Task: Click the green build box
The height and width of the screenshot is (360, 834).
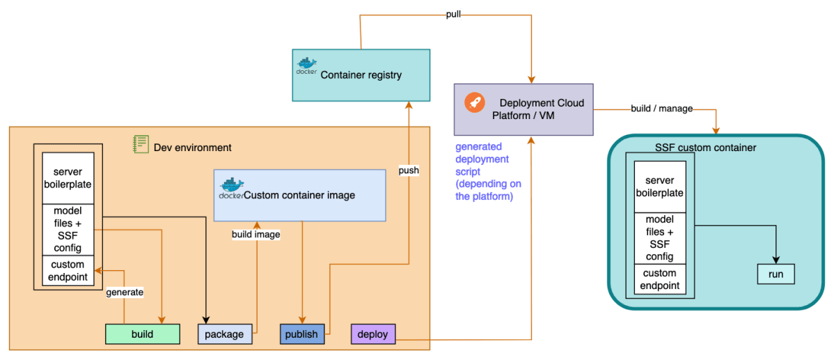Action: pos(142,334)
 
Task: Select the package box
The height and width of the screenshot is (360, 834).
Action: pos(225,334)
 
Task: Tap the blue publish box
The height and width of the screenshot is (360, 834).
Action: pos(301,334)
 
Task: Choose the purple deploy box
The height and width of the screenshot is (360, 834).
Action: pos(372,334)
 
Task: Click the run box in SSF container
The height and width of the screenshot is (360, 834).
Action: pos(776,274)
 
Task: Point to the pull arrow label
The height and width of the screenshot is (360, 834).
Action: pos(454,15)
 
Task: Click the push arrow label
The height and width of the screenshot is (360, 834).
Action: pos(409,170)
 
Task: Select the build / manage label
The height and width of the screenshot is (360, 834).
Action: pos(661,109)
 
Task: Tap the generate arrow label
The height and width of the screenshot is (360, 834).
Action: pos(125,292)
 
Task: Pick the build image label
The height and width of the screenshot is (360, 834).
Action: pos(255,235)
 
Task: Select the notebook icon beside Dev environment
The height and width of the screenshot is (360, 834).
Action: pos(141,144)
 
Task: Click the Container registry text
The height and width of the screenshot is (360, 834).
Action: pos(361,75)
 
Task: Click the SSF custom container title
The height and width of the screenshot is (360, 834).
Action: pos(705,148)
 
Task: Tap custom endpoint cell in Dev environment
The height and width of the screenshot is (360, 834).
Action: pos(68,271)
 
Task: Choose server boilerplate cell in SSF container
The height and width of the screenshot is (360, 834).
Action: pos(659,186)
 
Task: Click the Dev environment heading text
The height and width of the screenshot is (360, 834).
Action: pos(192,148)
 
